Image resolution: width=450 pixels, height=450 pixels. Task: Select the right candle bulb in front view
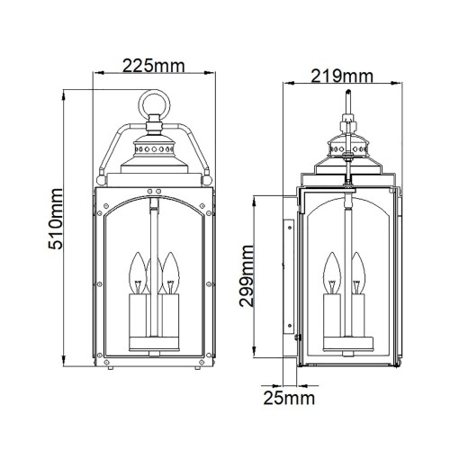pyautogui.click(x=169, y=271)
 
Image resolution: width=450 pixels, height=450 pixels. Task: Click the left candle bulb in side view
pyautogui.click(x=328, y=270)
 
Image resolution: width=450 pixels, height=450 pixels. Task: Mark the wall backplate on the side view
pyautogui.click(x=288, y=279)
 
